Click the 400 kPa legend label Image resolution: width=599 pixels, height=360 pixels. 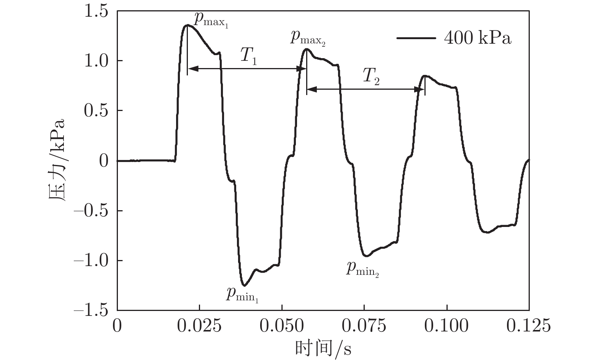478,38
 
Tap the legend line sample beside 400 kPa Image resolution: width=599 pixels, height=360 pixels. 416,38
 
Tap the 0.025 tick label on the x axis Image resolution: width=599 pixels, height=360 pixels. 199,326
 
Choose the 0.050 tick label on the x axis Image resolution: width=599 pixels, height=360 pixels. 282,326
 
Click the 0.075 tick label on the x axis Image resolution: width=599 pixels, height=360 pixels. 364,326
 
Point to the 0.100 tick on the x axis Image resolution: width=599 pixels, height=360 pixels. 447,326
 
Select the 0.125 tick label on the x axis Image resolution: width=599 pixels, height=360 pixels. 529,326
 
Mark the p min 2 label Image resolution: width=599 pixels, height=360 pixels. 362,269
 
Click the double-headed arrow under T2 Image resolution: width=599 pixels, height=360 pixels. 365,90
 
